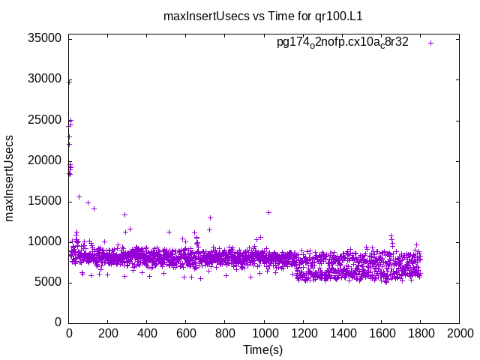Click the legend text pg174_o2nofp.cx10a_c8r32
pyautogui.click(x=343, y=43)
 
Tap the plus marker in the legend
pyautogui.click(x=430, y=43)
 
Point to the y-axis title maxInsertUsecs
pyautogui.click(x=10, y=178)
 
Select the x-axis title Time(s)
pyautogui.click(x=262, y=349)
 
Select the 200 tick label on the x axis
pyautogui.click(x=108, y=333)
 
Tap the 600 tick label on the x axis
pyautogui.click(x=186, y=333)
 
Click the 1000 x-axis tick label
pyautogui.click(x=264, y=333)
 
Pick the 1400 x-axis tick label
pyautogui.click(x=342, y=333)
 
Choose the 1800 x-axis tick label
pyautogui.click(x=420, y=333)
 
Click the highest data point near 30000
pyautogui.click(x=70, y=81)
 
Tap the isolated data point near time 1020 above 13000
pyautogui.click(x=268, y=212)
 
